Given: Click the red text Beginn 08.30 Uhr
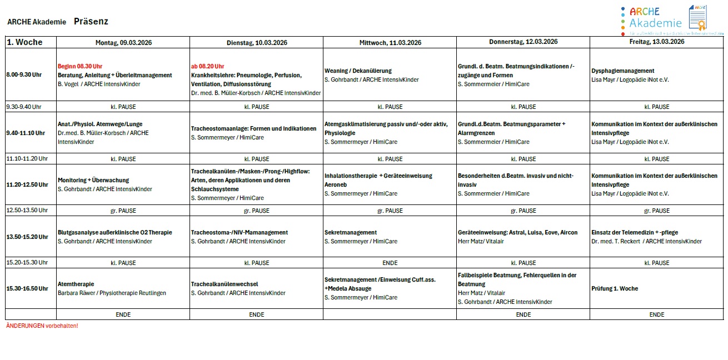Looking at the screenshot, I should click(x=80, y=66).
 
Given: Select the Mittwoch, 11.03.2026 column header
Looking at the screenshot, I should click(x=390, y=43).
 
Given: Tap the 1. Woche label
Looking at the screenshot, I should click(x=24, y=42).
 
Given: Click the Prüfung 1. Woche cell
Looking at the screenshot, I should click(x=615, y=288).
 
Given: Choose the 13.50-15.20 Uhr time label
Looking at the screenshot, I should click(x=27, y=237).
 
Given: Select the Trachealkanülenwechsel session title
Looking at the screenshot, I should click(x=224, y=284).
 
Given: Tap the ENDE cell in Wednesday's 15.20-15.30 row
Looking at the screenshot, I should click(x=390, y=263).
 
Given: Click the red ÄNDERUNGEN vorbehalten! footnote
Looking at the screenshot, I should click(x=42, y=326).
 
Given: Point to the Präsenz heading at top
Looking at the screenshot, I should click(x=91, y=22).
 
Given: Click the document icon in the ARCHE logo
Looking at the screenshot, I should click(x=697, y=18).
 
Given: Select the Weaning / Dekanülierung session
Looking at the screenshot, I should click(x=358, y=71).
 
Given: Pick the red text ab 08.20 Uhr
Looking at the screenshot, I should click(x=207, y=66).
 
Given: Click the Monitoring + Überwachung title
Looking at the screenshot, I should click(x=93, y=180).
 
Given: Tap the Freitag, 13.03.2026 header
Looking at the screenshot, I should click(x=656, y=42).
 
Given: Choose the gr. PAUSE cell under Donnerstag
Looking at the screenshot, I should click(x=523, y=211).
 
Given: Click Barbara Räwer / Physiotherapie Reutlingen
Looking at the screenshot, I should click(x=112, y=293).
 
